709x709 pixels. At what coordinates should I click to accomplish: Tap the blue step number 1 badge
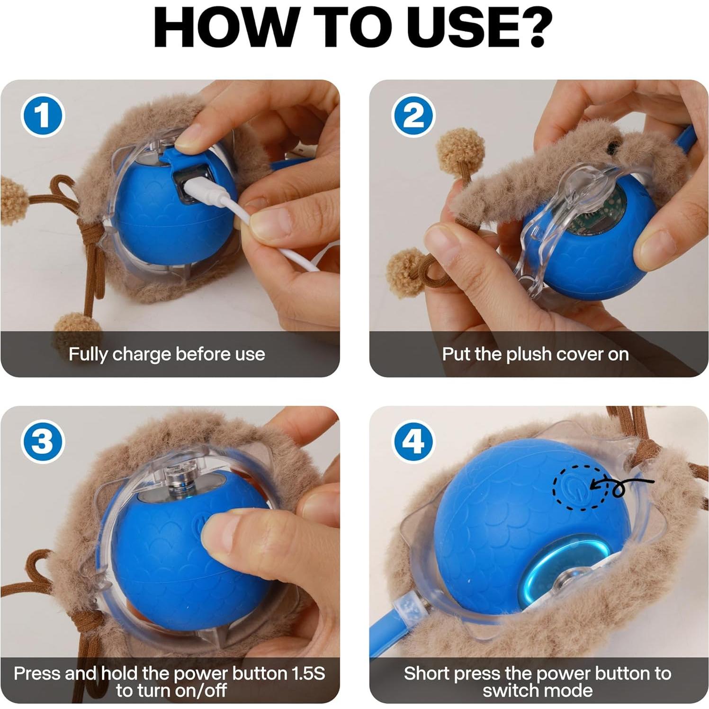[x=43, y=116]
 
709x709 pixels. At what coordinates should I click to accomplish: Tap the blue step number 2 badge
[x=413, y=115]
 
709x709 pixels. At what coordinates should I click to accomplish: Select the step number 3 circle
[x=43, y=442]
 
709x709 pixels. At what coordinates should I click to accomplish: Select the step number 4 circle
[x=413, y=442]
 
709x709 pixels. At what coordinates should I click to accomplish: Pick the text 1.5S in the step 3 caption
[x=307, y=673]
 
